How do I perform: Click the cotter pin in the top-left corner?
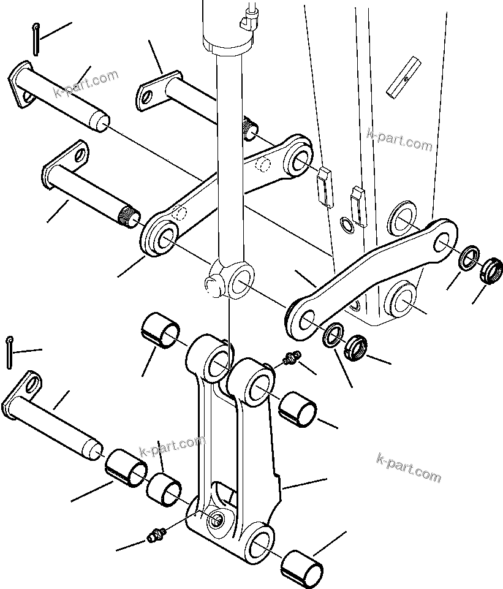(36, 38)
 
